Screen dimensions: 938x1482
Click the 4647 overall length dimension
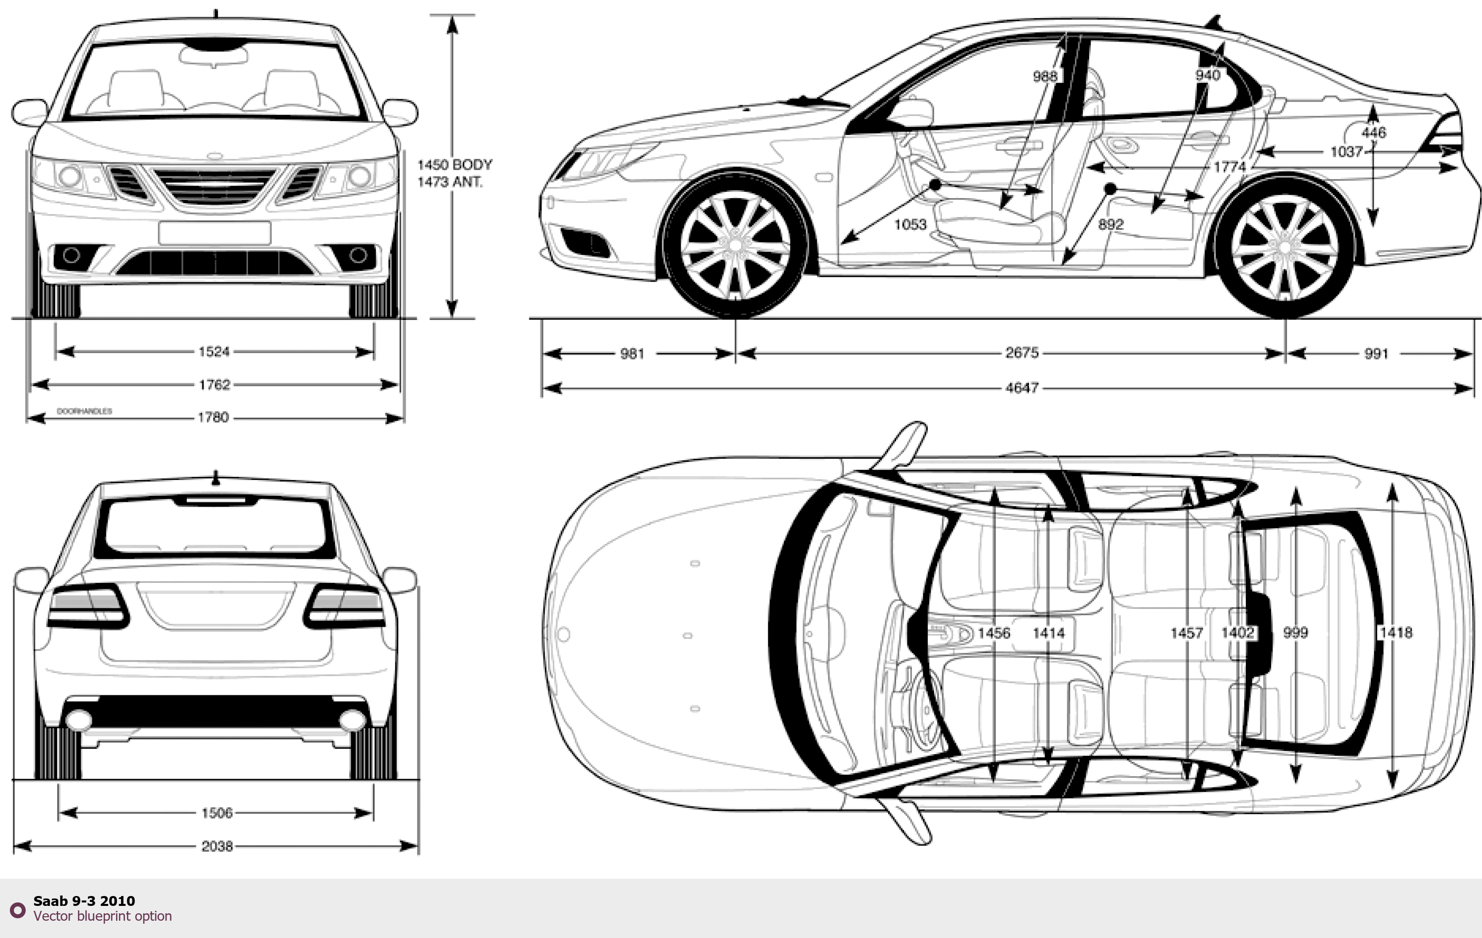point(1022,388)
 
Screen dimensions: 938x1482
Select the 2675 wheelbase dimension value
point(1022,353)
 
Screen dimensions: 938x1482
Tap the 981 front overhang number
point(632,354)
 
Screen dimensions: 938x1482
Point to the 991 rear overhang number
point(1376,354)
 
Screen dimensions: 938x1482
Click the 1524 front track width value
point(213,352)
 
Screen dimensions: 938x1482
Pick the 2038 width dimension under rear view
point(217,846)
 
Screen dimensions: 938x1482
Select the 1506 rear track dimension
point(217,813)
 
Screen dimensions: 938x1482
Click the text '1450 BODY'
point(454,165)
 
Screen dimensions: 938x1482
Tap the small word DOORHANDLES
point(84,410)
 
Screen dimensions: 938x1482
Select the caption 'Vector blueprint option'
point(103,916)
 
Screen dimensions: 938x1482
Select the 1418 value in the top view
point(1395,632)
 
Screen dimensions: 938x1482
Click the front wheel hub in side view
point(736,245)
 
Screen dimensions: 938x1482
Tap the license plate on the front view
point(214,233)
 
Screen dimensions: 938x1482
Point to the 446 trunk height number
point(1374,132)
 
